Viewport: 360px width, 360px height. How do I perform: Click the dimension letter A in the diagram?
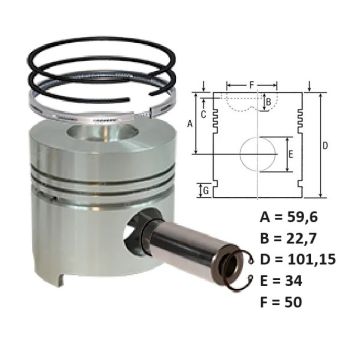[x=190, y=124]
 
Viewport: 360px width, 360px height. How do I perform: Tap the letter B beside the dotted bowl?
[x=269, y=101]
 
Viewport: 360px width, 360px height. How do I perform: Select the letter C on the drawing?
[x=203, y=114]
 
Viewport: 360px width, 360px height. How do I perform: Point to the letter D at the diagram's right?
[x=325, y=146]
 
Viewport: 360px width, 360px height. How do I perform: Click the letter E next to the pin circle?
[x=291, y=154]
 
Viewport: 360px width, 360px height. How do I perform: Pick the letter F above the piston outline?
[x=251, y=85]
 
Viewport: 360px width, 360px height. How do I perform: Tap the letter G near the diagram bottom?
[x=206, y=191]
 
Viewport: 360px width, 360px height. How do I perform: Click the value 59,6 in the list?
[x=301, y=218]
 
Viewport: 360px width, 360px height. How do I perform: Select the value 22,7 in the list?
[x=300, y=239]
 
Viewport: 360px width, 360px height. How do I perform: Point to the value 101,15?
[x=311, y=260]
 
